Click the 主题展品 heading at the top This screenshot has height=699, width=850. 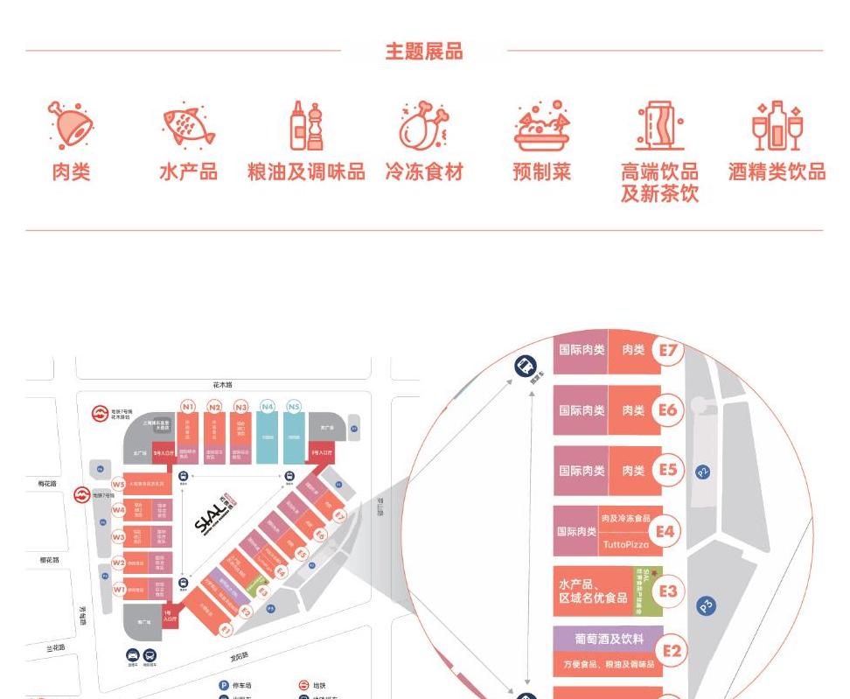(424, 52)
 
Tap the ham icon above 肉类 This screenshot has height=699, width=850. (70, 125)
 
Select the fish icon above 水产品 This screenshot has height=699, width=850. (189, 126)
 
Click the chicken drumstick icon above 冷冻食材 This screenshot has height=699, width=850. (424, 126)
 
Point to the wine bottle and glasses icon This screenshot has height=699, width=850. (777, 126)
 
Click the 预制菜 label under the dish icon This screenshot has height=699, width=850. (542, 172)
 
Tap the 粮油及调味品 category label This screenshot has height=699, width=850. (306, 172)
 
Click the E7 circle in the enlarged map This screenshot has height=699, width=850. (668, 350)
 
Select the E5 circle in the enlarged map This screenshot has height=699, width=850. (668, 471)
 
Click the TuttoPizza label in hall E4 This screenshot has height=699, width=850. (626, 544)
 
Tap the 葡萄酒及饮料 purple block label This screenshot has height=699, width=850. (609, 639)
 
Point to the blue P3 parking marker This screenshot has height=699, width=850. (706, 605)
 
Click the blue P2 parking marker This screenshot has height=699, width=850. (703, 472)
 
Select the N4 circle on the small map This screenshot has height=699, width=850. (268, 407)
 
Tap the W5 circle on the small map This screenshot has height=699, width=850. (118, 485)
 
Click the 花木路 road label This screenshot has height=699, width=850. (223, 385)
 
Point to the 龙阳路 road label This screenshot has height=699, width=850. (240, 655)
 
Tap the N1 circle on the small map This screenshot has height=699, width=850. (188, 407)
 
